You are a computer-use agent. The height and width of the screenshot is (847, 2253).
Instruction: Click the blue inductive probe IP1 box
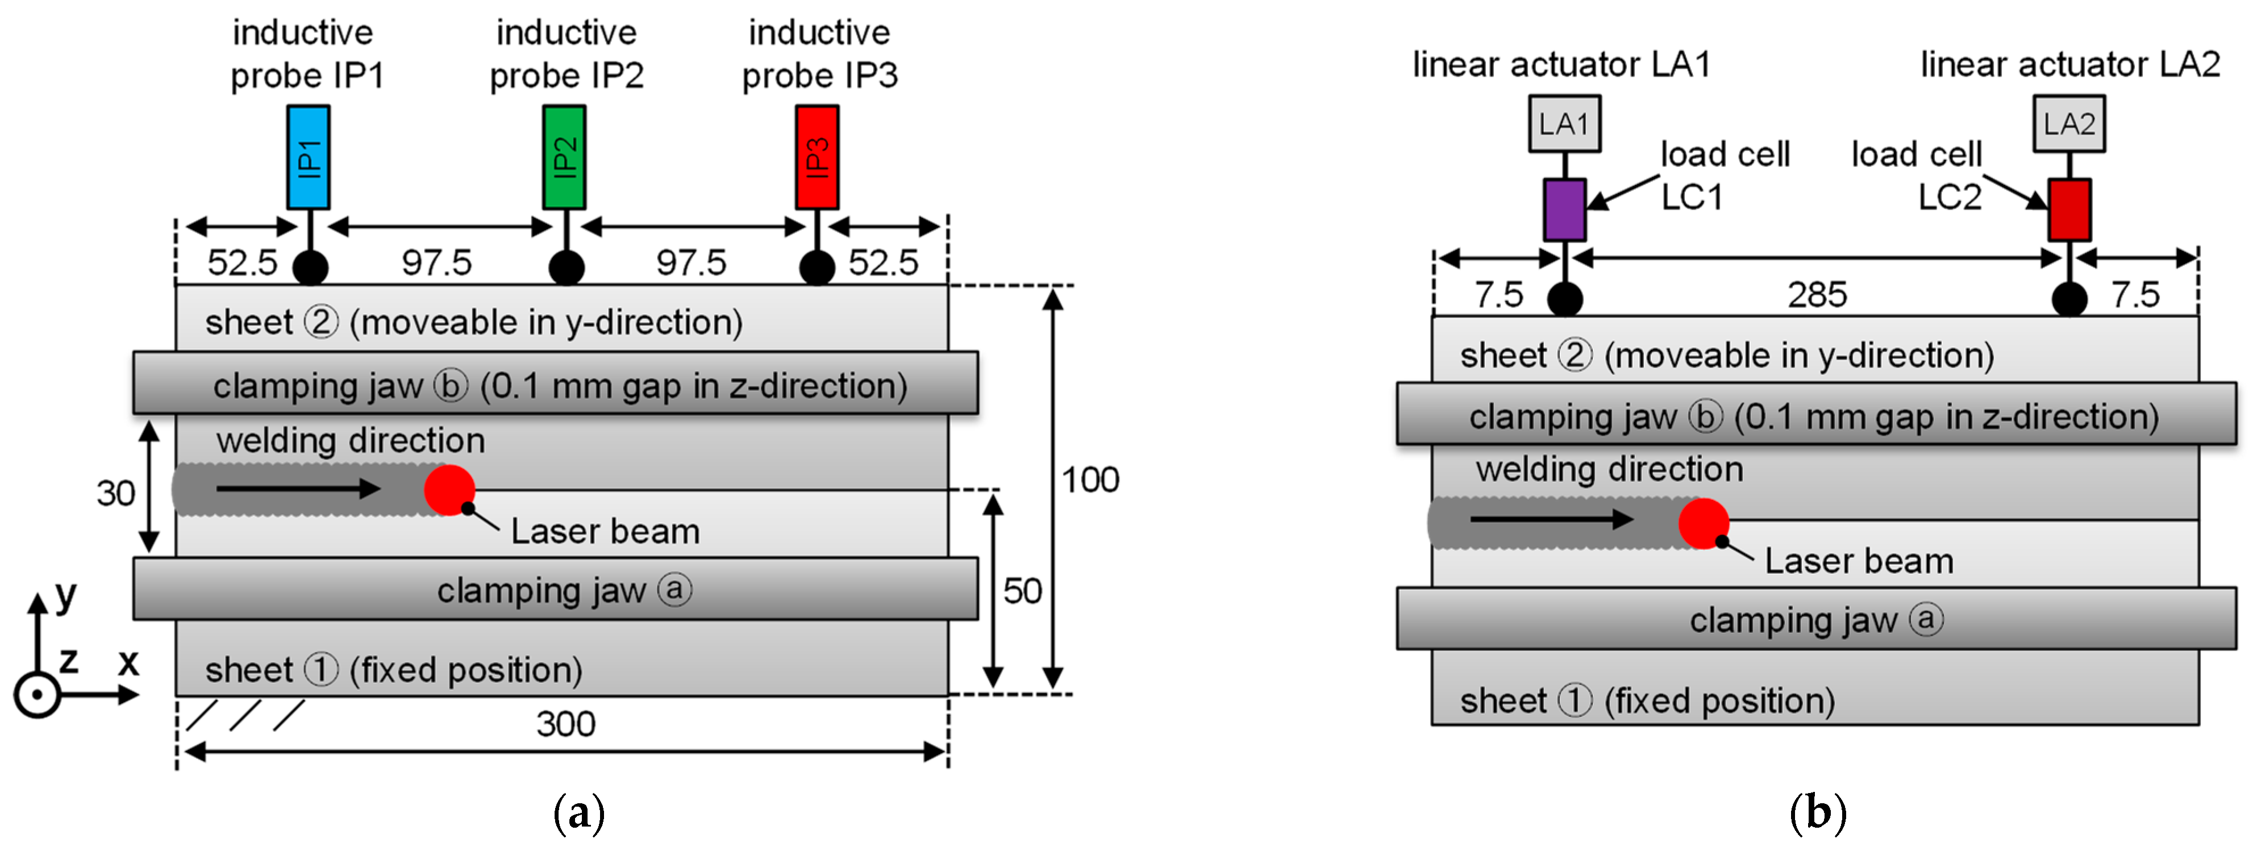308,157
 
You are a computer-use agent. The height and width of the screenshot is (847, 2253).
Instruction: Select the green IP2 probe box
564,157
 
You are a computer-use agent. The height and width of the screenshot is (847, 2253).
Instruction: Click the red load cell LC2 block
2069,210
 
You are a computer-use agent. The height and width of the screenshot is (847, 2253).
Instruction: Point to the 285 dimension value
1817,295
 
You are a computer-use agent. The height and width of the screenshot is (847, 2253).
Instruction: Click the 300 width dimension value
566,724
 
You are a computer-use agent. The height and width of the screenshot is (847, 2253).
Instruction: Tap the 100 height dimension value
1090,480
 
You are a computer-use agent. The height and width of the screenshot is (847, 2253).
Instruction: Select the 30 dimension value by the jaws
115,494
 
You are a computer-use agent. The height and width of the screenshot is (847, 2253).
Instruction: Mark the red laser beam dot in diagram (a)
449,490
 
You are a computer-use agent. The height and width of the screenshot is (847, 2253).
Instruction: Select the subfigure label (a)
579,813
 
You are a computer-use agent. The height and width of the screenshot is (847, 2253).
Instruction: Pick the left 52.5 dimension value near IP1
242,262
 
